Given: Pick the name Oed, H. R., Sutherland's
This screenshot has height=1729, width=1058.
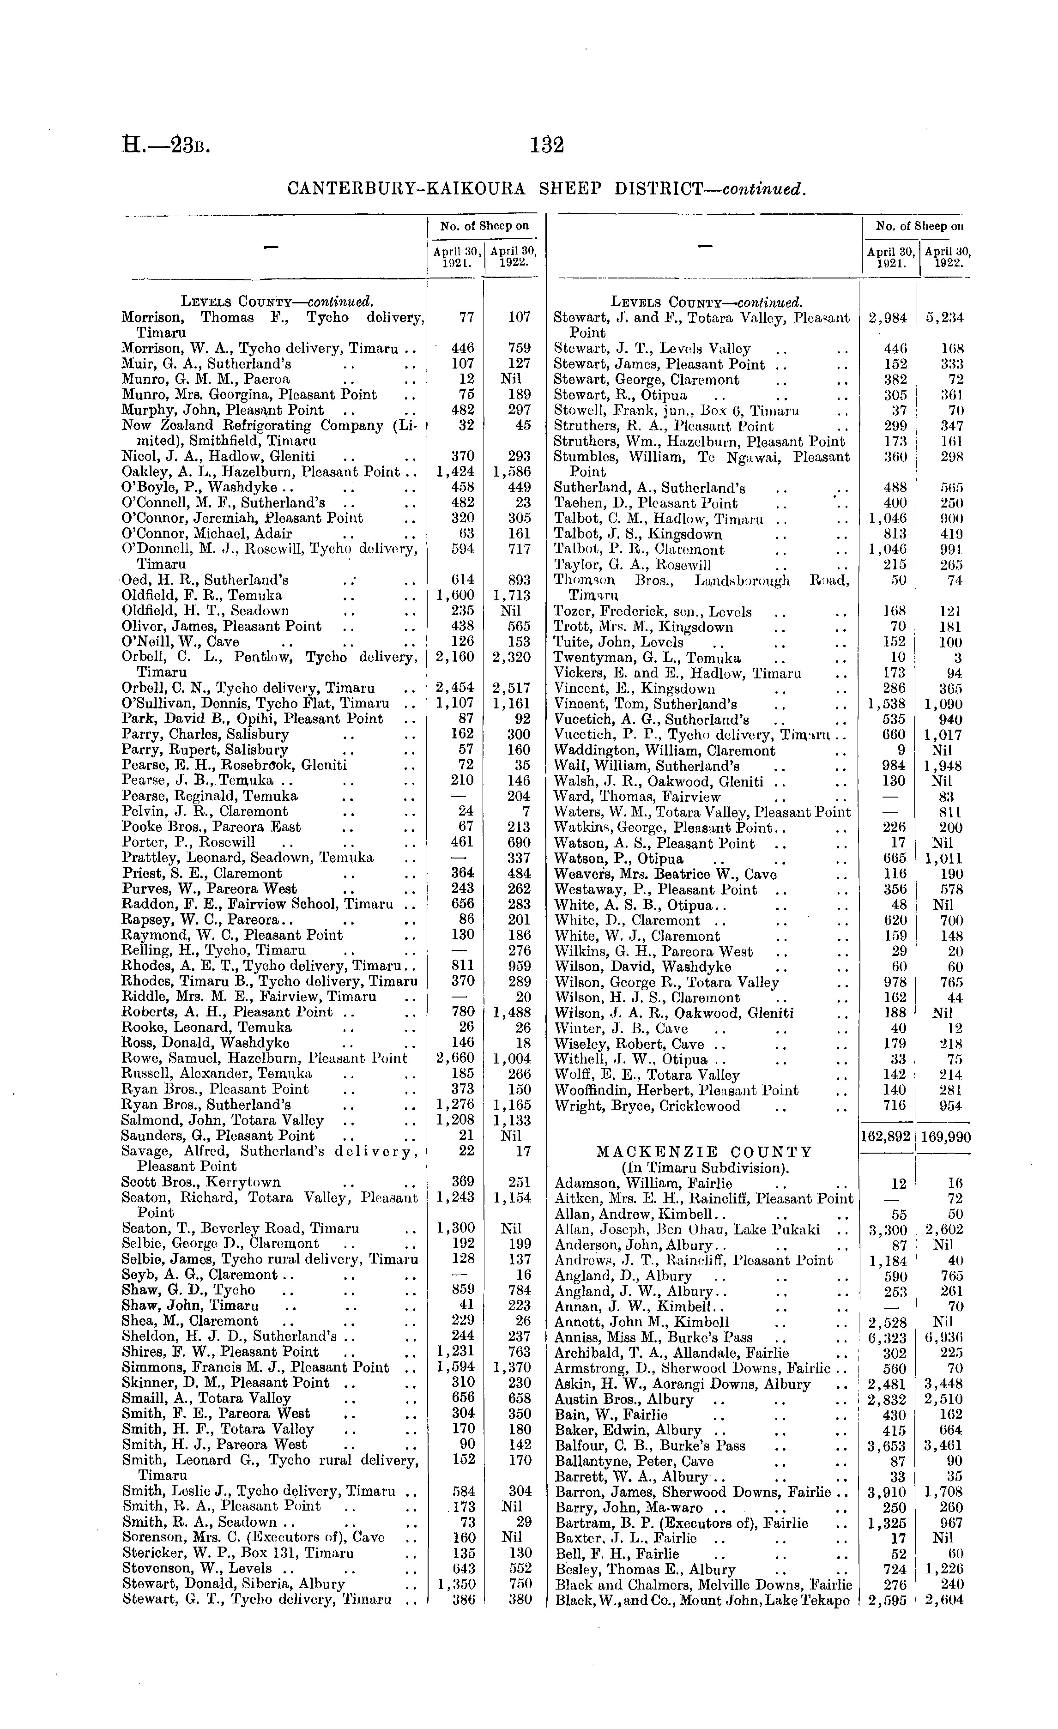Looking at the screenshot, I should click(x=205, y=580).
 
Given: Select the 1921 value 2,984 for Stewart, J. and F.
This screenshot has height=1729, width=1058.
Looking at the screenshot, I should click(x=888, y=318).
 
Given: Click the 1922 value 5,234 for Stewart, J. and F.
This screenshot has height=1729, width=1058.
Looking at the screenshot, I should click(x=943, y=318).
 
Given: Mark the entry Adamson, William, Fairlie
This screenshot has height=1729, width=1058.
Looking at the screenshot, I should click(x=643, y=1184).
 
